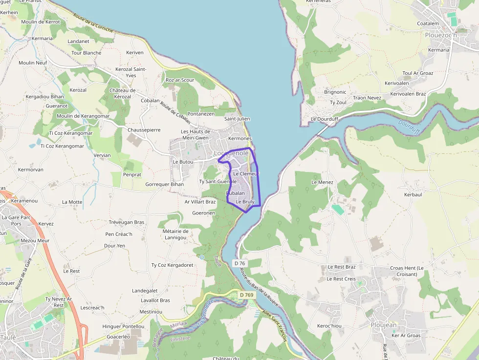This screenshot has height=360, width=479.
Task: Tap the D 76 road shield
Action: pos(239,263)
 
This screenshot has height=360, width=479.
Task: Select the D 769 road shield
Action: pos(247,295)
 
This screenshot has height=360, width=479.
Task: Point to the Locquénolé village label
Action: pos(231,153)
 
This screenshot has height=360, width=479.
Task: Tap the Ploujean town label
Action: pos(384,325)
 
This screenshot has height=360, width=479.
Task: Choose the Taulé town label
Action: pos(8,337)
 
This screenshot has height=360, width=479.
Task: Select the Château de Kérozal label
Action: pos(122,93)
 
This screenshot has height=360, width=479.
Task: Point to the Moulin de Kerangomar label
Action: pos(83,116)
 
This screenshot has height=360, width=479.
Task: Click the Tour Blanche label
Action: pos(87,53)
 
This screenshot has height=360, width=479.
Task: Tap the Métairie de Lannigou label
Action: pos(176,234)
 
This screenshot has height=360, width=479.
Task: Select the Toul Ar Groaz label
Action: pos(418,73)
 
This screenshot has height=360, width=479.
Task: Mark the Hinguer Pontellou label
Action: pos(123,326)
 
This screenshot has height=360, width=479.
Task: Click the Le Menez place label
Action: pos(322,182)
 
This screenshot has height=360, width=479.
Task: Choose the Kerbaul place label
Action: pos(413,194)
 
